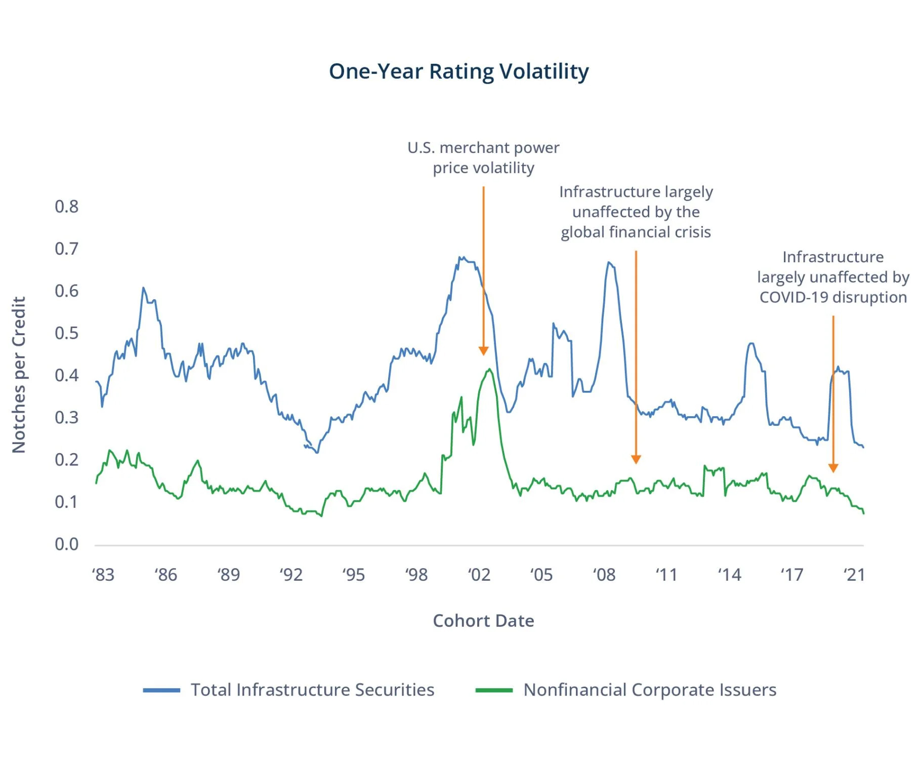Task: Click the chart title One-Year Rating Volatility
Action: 458,71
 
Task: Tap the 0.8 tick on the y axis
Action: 66,207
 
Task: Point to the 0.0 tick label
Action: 66,544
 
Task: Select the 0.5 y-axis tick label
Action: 66,333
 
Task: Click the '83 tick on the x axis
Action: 103,575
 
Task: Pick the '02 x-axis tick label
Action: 479,575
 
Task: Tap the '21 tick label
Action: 854,575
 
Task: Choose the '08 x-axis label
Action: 604,575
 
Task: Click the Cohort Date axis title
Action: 483,621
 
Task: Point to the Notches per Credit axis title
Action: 19,375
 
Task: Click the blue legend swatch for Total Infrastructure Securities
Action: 161,690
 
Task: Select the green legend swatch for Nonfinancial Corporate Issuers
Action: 494,690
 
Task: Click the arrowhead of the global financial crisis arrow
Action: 636,460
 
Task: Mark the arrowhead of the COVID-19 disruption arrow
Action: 833,468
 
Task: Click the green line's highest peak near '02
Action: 489,369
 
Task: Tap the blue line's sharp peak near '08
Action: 609,262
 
